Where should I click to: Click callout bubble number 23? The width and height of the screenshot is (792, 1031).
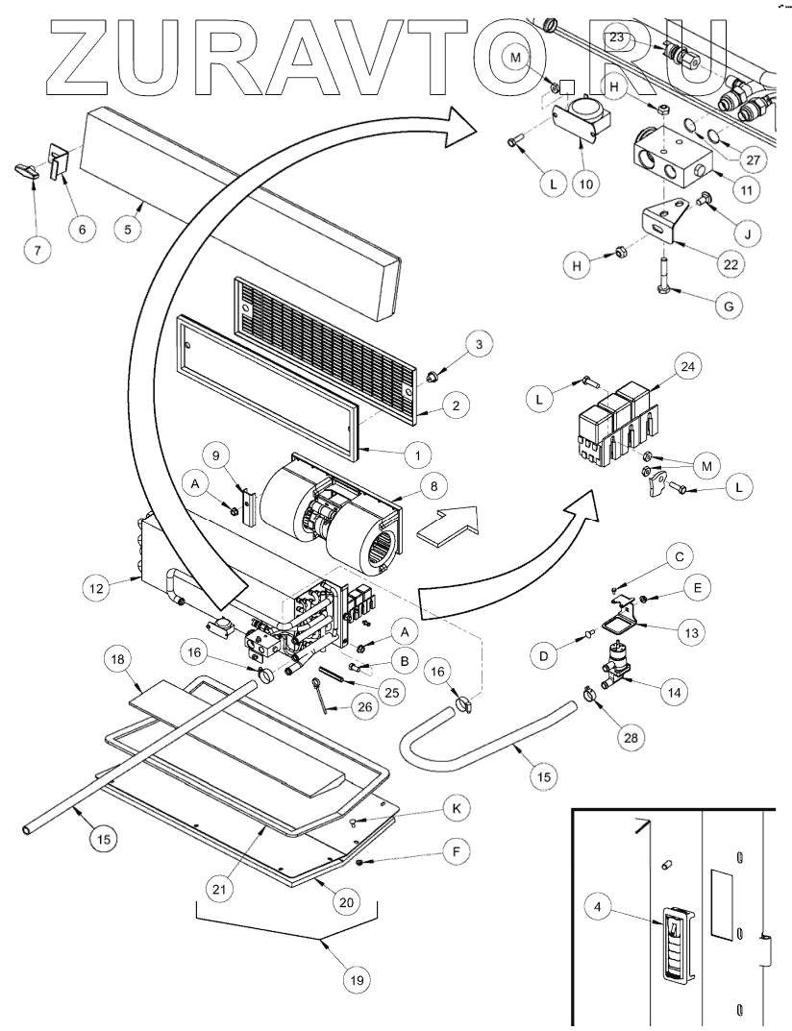click(x=616, y=38)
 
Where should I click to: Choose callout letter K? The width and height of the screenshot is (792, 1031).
click(x=456, y=810)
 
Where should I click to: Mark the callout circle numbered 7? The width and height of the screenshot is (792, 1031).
click(x=37, y=251)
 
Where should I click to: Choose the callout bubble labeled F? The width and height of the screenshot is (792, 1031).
click(x=456, y=850)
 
